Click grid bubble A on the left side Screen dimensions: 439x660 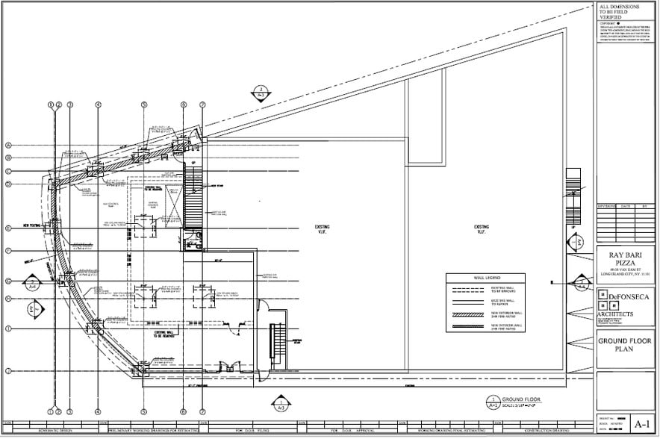[x=9, y=146]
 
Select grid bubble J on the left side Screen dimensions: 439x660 [x=9, y=371]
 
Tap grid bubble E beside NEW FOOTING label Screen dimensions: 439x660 [x=9, y=228]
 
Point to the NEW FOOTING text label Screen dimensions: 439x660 [x=34, y=224]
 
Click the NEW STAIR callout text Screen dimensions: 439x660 [x=218, y=186]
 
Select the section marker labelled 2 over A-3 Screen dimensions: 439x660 [x=261, y=93]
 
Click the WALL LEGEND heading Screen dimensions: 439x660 [x=485, y=278]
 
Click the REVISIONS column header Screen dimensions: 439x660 [x=607, y=206]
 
